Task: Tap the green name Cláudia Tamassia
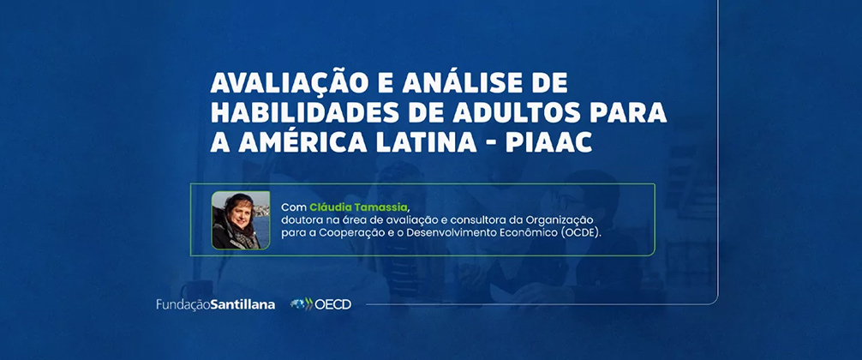(359, 207)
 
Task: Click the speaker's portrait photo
(241, 220)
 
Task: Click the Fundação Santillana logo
(216, 304)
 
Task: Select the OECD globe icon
(301, 304)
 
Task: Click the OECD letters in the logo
(332, 304)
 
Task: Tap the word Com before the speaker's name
(294, 207)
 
